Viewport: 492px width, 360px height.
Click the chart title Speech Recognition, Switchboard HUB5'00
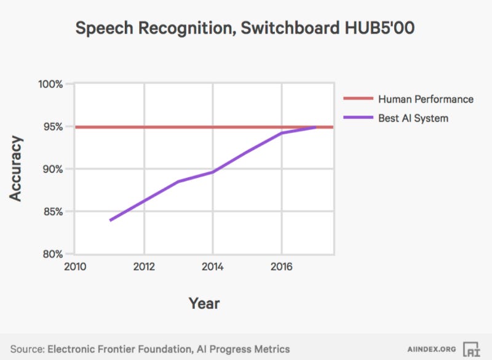pos(246,28)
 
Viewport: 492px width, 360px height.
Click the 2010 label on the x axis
pos(75,266)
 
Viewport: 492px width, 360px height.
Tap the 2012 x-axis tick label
pos(144,266)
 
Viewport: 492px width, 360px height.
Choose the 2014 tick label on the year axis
pos(213,266)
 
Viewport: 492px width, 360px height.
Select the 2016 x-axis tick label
pos(282,266)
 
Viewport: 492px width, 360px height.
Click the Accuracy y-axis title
pos(17,169)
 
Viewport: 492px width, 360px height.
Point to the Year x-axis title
pos(204,303)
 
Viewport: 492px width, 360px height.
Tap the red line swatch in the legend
pos(357,99)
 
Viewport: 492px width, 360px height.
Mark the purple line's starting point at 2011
pos(110,220)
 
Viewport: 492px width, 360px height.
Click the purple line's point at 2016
pos(282,133)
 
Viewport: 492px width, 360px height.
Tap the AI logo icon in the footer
pos(471,348)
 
